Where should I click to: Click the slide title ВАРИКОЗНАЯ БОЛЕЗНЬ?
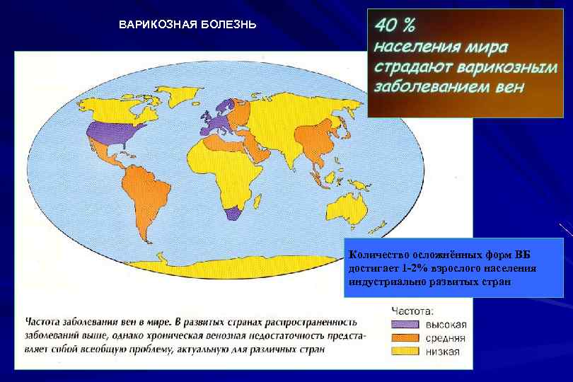(x=187, y=25)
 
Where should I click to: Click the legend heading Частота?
(x=414, y=310)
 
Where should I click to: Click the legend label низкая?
(x=442, y=352)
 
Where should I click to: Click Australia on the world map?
(x=351, y=204)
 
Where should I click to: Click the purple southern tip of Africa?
(x=232, y=215)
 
